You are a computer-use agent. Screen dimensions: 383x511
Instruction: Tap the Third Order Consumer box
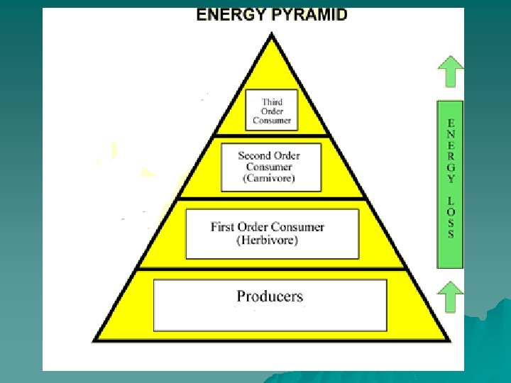coord(272,111)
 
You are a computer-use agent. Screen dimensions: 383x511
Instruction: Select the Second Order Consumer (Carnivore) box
coord(270,167)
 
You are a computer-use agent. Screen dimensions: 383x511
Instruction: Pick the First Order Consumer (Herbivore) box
coord(272,233)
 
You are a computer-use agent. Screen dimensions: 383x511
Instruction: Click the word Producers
coord(270,296)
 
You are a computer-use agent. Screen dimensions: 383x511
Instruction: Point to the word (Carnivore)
coord(270,179)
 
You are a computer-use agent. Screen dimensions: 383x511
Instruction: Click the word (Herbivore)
coord(268,240)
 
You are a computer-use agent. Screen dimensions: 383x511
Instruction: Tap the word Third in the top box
coord(272,101)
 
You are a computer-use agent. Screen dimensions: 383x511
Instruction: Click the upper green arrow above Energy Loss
coord(450,72)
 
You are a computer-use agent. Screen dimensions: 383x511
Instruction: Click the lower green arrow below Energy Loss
coord(450,296)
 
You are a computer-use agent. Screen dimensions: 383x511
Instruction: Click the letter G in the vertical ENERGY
coord(451,167)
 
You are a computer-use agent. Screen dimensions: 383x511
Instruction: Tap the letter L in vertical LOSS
coord(451,200)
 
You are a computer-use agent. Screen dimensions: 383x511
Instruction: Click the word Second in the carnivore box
coord(255,155)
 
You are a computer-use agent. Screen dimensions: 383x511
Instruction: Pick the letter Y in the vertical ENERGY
coord(451,179)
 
